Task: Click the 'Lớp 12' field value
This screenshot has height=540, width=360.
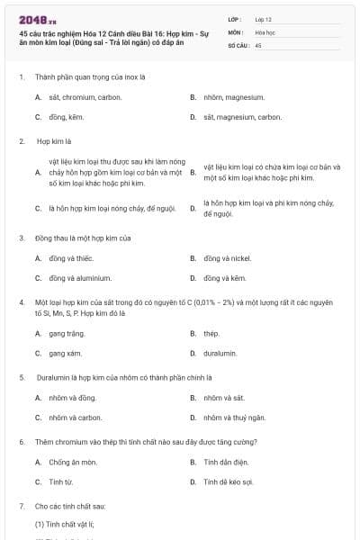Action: click(264, 19)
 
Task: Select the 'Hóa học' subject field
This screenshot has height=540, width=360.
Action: click(265, 31)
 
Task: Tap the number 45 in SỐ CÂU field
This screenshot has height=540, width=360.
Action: click(258, 44)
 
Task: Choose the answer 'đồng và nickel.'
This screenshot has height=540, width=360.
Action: click(227, 258)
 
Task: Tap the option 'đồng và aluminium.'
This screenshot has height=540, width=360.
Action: click(80, 278)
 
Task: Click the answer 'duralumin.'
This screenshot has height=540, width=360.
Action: click(220, 354)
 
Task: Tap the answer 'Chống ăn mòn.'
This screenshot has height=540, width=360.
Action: click(73, 463)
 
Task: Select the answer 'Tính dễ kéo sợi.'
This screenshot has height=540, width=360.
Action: click(229, 482)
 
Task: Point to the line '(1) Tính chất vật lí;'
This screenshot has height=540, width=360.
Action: click(58, 523)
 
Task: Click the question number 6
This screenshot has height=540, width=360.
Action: click(21, 443)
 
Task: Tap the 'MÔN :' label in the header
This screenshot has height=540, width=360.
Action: click(236, 31)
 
